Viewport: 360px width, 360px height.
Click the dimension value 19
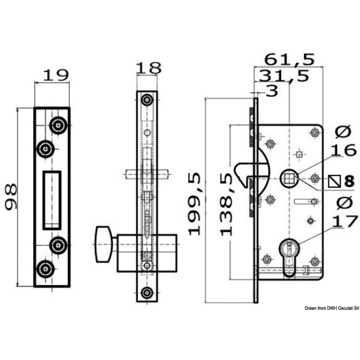[56, 75]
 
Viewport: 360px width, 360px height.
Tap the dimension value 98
[11, 197]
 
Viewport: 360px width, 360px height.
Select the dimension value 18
[148, 68]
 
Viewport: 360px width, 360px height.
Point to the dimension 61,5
[289, 60]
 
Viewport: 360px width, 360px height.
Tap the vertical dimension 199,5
[195, 203]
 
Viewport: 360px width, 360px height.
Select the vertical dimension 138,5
[227, 203]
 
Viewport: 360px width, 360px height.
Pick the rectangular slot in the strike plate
[52, 199]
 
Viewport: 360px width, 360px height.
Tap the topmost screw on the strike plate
[59, 125]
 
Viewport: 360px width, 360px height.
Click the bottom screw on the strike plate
[45, 269]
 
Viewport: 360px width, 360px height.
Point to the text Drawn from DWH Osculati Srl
[331, 308]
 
